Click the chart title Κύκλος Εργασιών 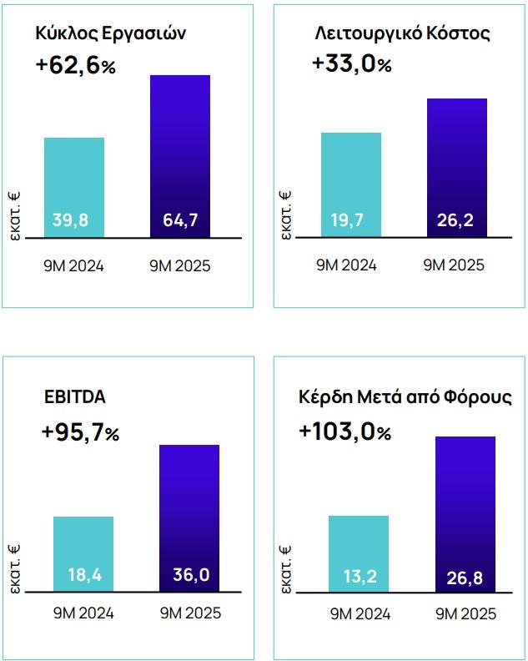point(109,33)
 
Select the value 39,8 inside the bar point(74,220)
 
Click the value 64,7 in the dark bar point(179,220)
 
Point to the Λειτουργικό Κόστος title point(403,33)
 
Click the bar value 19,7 point(350,220)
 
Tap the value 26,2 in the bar point(456,220)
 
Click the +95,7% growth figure point(81,432)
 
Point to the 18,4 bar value point(83,576)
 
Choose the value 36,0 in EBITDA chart point(189,576)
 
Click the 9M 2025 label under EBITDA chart point(189,613)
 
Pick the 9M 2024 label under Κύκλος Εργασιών point(74,266)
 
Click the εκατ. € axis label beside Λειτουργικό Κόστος point(286,214)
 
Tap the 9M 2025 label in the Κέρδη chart point(465,614)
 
